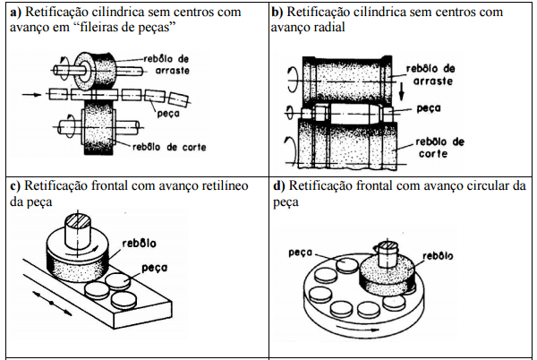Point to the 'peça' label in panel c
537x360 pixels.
(x=155, y=267)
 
